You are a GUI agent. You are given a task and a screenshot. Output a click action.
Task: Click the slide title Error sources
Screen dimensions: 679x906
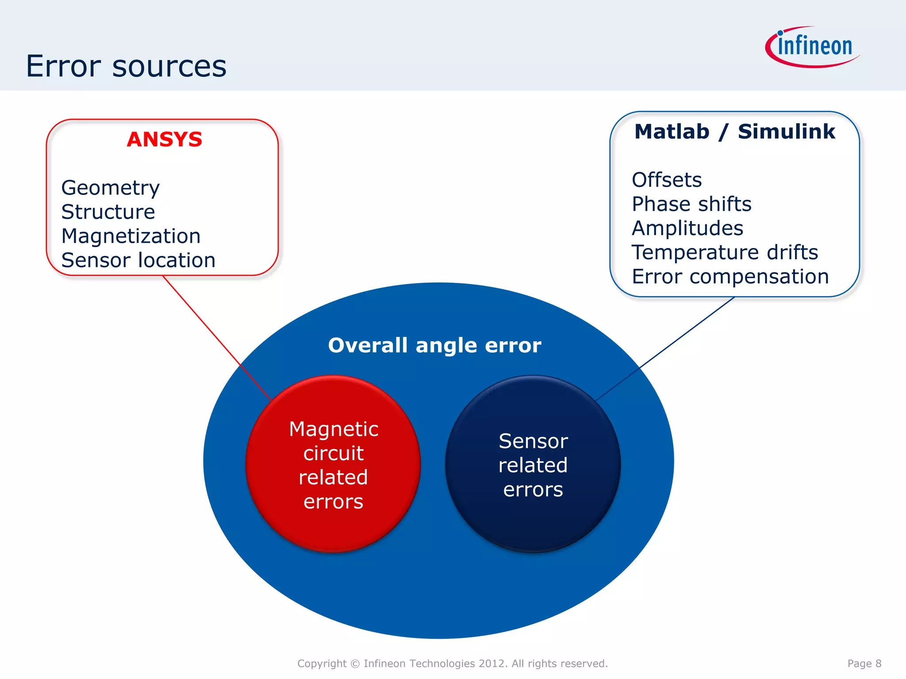click(126, 66)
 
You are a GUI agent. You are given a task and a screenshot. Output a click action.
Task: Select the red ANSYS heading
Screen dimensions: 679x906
click(164, 140)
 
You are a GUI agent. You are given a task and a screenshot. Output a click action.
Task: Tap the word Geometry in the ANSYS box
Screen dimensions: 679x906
click(110, 188)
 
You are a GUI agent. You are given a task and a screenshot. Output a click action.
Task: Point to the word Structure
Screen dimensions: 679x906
click(108, 212)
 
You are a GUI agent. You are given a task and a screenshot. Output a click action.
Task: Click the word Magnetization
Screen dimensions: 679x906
click(131, 236)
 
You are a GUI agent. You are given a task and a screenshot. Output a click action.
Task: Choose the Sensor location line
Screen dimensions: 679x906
click(138, 260)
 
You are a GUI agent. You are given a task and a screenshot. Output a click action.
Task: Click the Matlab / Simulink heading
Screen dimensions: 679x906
click(734, 132)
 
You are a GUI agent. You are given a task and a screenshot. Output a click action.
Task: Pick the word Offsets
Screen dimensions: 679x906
click(667, 180)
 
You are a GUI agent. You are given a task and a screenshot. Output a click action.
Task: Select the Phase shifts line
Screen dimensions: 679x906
click(691, 204)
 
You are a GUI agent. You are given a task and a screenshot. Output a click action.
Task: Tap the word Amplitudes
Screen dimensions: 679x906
click(687, 229)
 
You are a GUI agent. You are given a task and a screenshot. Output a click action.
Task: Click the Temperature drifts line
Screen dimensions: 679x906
click(725, 252)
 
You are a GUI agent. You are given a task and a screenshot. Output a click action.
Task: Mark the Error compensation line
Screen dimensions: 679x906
click(730, 277)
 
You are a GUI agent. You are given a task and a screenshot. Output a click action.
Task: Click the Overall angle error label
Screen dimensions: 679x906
click(434, 345)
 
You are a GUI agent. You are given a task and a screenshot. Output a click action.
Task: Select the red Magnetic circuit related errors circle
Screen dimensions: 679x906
click(333, 464)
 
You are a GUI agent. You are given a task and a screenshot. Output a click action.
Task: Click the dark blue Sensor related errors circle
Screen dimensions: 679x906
click(533, 464)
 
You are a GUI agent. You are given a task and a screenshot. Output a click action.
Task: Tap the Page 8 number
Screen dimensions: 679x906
click(864, 664)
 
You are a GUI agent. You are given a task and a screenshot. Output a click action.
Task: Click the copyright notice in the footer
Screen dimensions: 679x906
click(453, 664)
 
